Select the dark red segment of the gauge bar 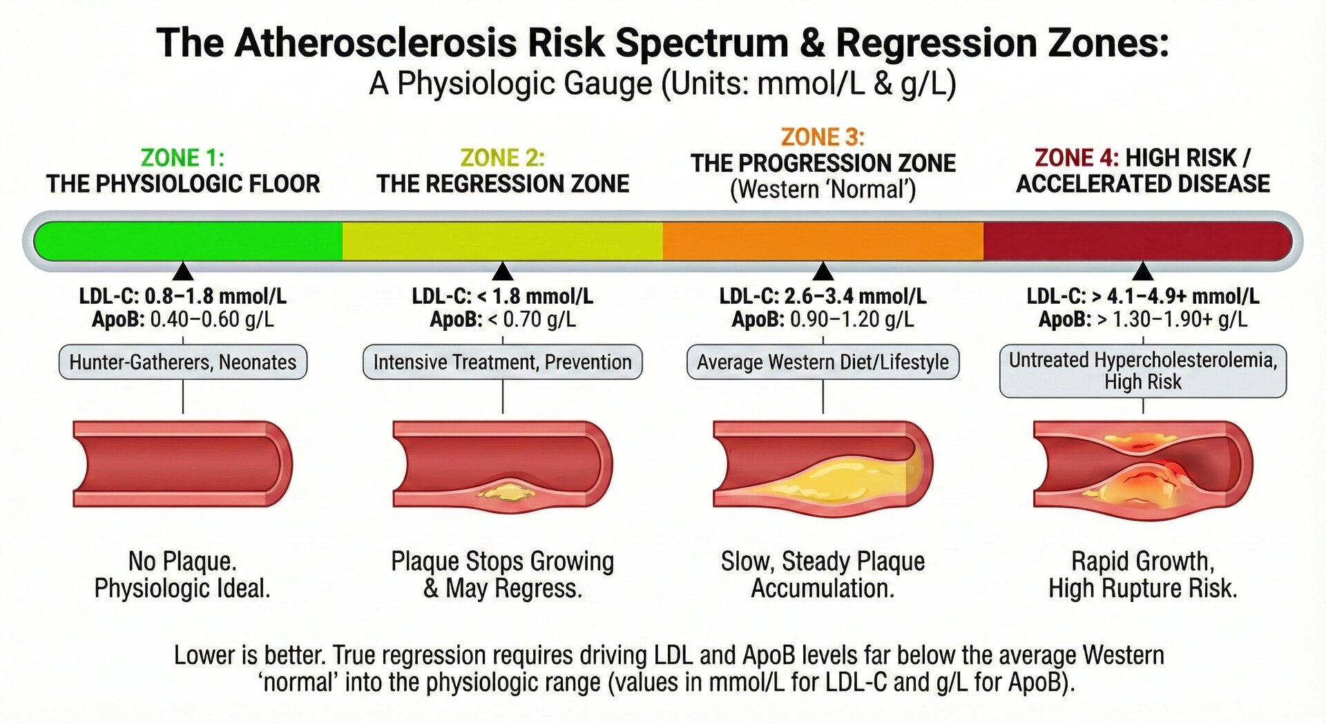[1136, 241]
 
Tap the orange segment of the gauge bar [823, 241]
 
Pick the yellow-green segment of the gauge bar [502, 241]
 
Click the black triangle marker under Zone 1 [183, 271]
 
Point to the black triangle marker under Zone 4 [1143, 271]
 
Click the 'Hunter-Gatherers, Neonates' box [183, 363]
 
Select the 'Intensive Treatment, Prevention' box [502, 363]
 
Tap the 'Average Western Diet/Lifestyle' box [823, 363]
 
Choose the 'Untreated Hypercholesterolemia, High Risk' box [1143, 371]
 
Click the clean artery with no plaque [183, 463]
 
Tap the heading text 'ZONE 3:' [823, 137]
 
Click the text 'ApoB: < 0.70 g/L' [502, 320]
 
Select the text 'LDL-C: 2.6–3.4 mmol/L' [823, 296]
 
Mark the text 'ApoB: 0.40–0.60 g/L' [183, 320]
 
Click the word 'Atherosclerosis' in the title [376, 43]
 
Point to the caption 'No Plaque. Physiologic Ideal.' [182, 575]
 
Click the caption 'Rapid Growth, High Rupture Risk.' [1143, 575]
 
